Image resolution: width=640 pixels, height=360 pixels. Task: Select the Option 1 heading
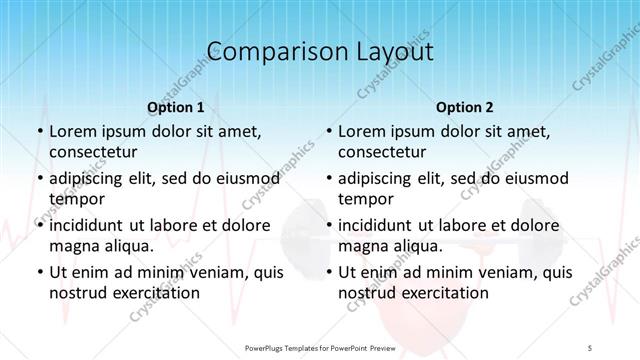pos(175,106)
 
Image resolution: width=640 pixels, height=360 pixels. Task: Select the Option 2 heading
pos(465,106)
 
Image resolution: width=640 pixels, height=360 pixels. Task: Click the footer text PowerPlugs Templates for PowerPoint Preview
pos(319,347)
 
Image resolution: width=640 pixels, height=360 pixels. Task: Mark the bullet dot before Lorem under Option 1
pos(39,131)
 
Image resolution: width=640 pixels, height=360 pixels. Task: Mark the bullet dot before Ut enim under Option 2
pos(329,272)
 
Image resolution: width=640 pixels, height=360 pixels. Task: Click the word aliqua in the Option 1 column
pos(127,246)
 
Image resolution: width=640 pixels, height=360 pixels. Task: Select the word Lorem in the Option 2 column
pos(361,131)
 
